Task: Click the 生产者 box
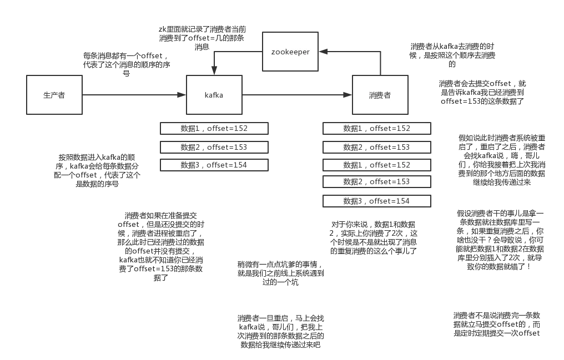point(54,95)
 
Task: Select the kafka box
point(214,95)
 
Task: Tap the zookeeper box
point(290,52)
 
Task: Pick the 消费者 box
point(380,95)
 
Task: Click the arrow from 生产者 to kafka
point(134,95)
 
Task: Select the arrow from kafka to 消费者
point(297,95)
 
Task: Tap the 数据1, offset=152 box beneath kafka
point(214,129)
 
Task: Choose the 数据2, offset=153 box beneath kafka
point(214,148)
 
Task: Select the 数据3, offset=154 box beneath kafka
point(214,165)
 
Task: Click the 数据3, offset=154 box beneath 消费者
point(376,201)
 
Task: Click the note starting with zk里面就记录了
point(202,38)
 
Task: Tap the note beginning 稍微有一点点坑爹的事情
point(280,273)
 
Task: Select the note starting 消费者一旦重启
point(280,332)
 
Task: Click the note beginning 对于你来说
point(374,238)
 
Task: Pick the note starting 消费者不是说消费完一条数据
point(497,324)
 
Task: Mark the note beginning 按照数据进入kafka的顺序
point(97,171)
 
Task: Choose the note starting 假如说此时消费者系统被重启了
point(502,160)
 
